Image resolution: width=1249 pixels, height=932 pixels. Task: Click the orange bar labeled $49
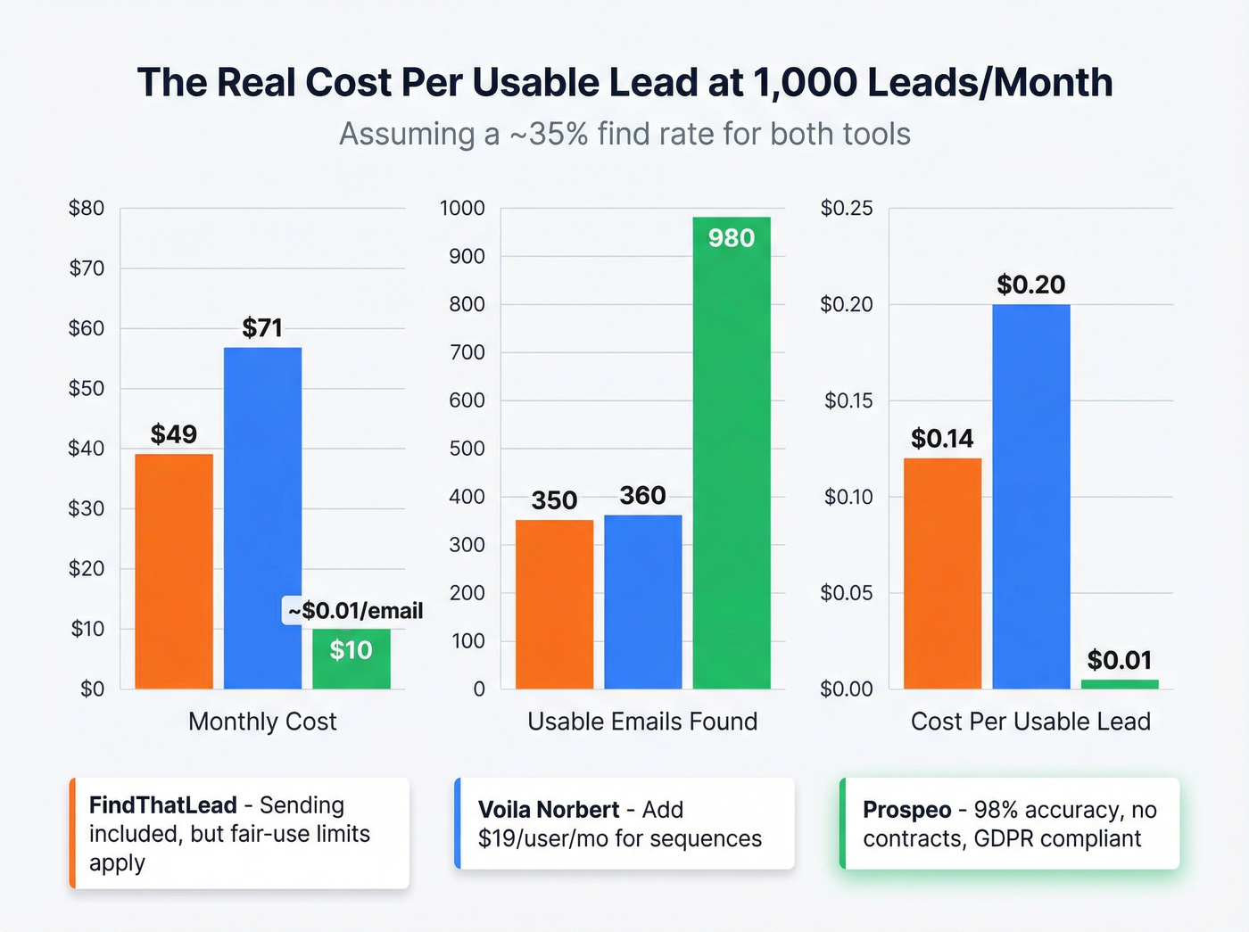tap(174, 571)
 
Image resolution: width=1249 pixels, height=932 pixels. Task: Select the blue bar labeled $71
tap(262, 517)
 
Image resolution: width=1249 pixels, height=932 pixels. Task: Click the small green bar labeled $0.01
tap(1120, 684)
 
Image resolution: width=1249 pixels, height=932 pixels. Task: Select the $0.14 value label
tap(942, 439)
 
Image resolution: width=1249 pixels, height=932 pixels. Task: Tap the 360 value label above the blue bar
tap(642, 496)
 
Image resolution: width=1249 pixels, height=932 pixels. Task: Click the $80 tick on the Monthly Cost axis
tap(87, 209)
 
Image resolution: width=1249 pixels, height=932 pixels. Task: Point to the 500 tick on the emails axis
tap(467, 449)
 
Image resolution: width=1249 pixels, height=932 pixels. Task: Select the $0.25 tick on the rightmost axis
tap(846, 209)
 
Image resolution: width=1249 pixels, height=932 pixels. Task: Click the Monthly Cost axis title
tap(262, 722)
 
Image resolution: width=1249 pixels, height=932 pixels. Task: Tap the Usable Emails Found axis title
tap(642, 722)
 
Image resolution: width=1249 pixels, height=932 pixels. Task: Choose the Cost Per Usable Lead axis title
tap(1030, 722)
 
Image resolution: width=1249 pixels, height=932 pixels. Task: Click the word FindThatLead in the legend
tap(162, 805)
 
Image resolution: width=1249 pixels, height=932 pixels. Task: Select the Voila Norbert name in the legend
tap(548, 810)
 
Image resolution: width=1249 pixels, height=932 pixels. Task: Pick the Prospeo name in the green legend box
tap(906, 810)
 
